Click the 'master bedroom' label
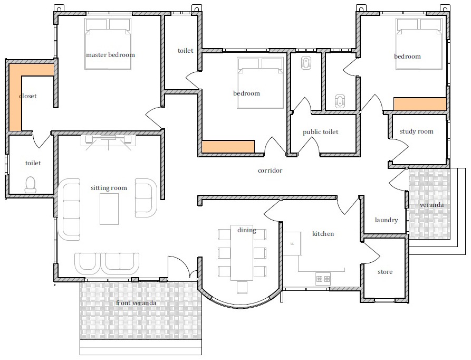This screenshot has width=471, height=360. click(x=111, y=55)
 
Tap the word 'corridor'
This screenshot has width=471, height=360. click(x=270, y=170)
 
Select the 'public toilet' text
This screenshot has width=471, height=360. click(x=321, y=132)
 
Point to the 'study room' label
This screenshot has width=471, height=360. click(x=417, y=131)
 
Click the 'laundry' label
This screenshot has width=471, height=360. click(x=386, y=220)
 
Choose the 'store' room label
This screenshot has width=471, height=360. click(x=385, y=272)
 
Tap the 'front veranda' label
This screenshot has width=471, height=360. click(x=136, y=303)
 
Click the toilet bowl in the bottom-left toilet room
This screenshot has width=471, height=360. click(x=31, y=185)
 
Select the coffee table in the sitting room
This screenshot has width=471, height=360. click(x=109, y=209)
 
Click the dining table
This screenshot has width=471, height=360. click(x=242, y=253)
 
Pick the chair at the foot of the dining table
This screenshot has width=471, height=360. click(x=242, y=287)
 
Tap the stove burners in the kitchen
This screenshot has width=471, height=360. click(x=323, y=279)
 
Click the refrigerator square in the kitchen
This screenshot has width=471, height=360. click(x=292, y=243)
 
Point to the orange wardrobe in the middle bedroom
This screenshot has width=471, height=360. click(x=228, y=147)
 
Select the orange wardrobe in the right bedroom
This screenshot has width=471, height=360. click(x=420, y=104)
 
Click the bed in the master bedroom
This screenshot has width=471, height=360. click(x=108, y=44)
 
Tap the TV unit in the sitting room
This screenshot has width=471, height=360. click(x=109, y=140)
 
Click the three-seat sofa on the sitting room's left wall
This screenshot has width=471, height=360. click(x=70, y=210)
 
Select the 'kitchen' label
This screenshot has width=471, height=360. click(x=323, y=234)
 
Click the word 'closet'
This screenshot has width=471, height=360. click(x=28, y=96)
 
